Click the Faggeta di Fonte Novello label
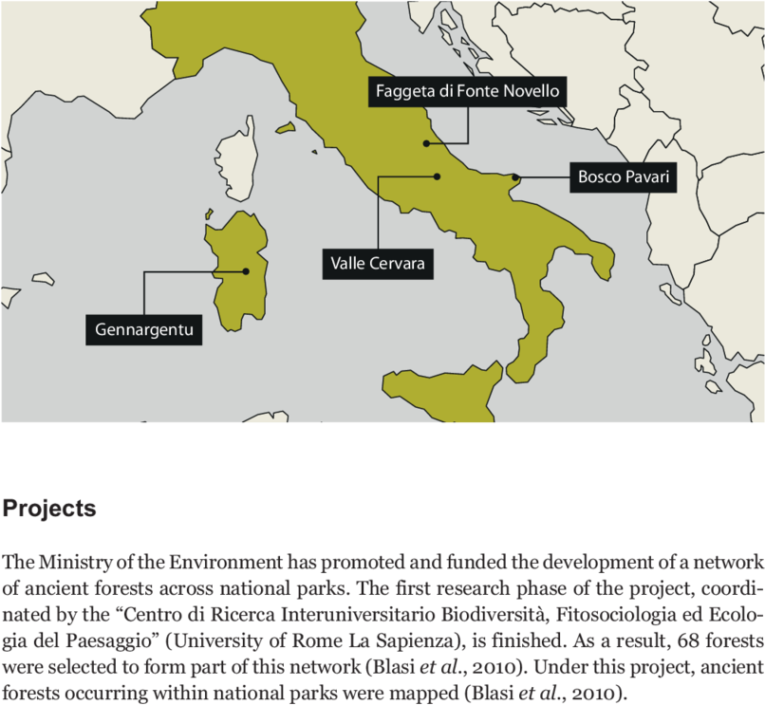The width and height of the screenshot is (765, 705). [468, 92]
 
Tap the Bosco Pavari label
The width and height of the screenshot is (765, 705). [624, 177]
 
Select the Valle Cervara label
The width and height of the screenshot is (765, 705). [378, 263]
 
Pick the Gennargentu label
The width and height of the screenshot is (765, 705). [144, 330]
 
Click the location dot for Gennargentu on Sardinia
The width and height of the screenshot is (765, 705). [246, 271]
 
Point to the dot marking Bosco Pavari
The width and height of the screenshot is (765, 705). [515, 177]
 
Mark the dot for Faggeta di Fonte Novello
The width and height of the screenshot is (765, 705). [427, 143]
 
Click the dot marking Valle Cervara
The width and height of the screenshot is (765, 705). [438, 176]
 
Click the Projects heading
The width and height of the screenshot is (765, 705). [49, 509]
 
